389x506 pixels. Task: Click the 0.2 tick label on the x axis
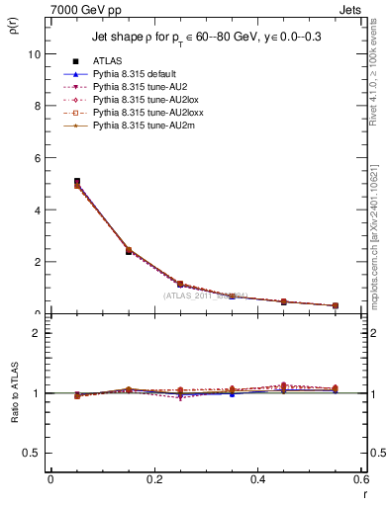coord(153,479)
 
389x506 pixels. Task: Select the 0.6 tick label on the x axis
coord(360,479)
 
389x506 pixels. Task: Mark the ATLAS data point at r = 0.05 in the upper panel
coord(77,182)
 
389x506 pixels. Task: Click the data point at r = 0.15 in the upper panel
coord(129,251)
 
